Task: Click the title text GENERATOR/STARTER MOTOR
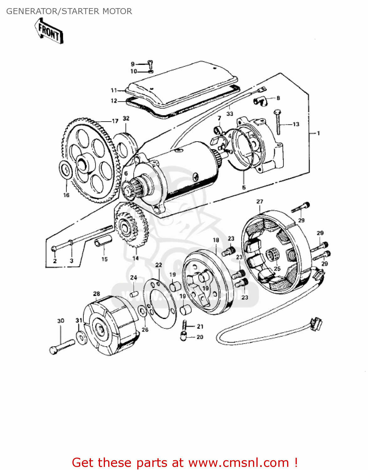(69, 11)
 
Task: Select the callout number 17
(115, 121)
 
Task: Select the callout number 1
(318, 133)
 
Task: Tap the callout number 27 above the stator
(260, 201)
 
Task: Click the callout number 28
(97, 294)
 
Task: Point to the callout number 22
(159, 265)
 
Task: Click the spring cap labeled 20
(183, 337)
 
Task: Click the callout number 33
(230, 113)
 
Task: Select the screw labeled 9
(150, 65)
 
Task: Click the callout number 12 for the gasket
(114, 101)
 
